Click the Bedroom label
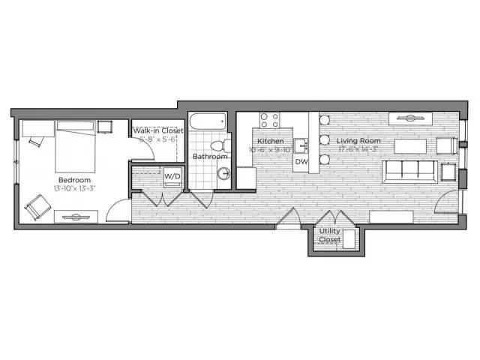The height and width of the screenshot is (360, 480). pos(75,181)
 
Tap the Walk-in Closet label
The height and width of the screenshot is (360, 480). pos(158,130)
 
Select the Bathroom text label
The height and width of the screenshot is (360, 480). pos(209,157)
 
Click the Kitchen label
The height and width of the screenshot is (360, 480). pos(270,141)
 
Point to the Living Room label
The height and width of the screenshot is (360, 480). pos(358,141)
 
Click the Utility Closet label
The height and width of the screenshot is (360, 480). pos(329,235)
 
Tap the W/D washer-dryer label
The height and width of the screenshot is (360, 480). pos(172,176)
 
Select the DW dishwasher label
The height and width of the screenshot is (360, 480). pos(301,161)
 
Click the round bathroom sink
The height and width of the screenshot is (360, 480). pos(223,174)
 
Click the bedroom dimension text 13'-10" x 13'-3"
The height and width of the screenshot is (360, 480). pos(75,190)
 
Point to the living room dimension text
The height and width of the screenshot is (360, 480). pos(358,149)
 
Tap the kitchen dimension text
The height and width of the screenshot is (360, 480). pos(270,149)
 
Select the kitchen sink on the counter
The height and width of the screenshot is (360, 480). pos(299,145)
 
